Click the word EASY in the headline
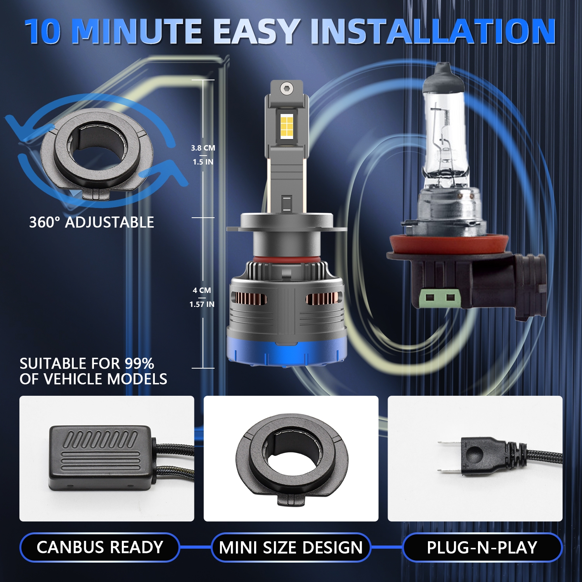pyautogui.click(x=256, y=31)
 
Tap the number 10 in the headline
pyautogui.click(x=43, y=31)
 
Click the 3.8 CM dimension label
pyautogui.click(x=203, y=148)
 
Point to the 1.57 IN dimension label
pyautogui.click(x=202, y=304)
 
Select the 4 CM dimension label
pyautogui.click(x=202, y=290)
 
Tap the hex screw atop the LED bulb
pyautogui.click(x=286, y=88)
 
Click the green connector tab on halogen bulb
pyautogui.click(x=440, y=298)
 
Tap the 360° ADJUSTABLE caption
pyautogui.click(x=92, y=222)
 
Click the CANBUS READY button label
pyautogui.click(x=100, y=547)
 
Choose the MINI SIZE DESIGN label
pyautogui.click(x=291, y=547)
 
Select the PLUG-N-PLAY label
pyautogui.click(x=482, y=547)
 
